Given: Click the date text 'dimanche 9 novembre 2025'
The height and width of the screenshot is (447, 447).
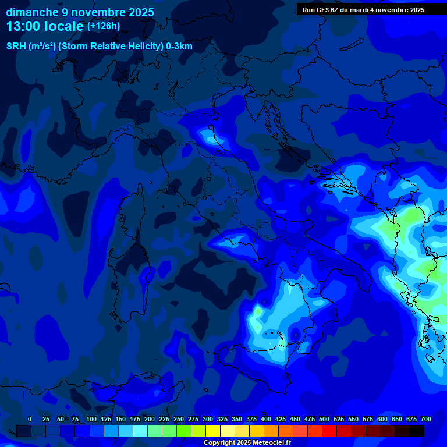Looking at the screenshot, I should [80, 12].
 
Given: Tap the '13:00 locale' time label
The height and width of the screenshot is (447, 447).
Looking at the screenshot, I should [45, 26].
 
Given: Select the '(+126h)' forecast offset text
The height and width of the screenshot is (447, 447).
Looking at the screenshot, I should [104, 26].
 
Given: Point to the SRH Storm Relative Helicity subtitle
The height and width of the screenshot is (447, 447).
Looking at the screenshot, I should [99, 47].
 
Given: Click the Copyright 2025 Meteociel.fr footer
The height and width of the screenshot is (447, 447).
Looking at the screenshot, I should [247, 443].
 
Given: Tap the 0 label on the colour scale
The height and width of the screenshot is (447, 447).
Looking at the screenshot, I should [30, 419].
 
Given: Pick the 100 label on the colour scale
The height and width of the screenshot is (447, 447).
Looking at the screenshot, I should [91, 419].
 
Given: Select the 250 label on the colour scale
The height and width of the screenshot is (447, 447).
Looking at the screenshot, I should [179, 419].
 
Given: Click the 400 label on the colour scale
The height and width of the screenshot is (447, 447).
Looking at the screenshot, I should [266, 419].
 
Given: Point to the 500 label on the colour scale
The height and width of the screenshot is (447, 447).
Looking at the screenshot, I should [324, 419].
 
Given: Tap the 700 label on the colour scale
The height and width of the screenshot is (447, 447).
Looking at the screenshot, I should [426, 419].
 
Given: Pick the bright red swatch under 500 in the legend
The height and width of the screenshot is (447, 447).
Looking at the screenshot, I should [329, 431].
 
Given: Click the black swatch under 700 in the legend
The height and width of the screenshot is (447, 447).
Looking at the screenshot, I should [417, 431].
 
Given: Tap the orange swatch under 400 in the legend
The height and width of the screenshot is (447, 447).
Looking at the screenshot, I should [271, 431].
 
